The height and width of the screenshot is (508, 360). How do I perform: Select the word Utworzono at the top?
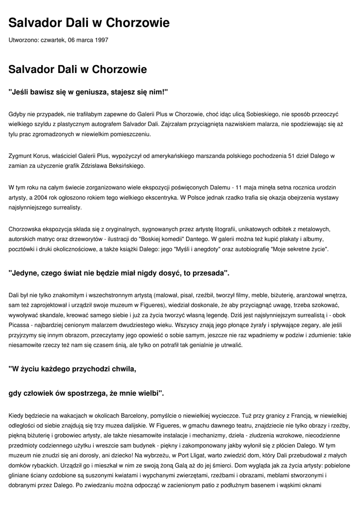pyautogui.click(x=24, y=40)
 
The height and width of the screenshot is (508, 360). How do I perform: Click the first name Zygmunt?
pyautogui.click(x=21, y=155)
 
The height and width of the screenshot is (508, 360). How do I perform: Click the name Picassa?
pyautogui.click(x=19, y=324)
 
